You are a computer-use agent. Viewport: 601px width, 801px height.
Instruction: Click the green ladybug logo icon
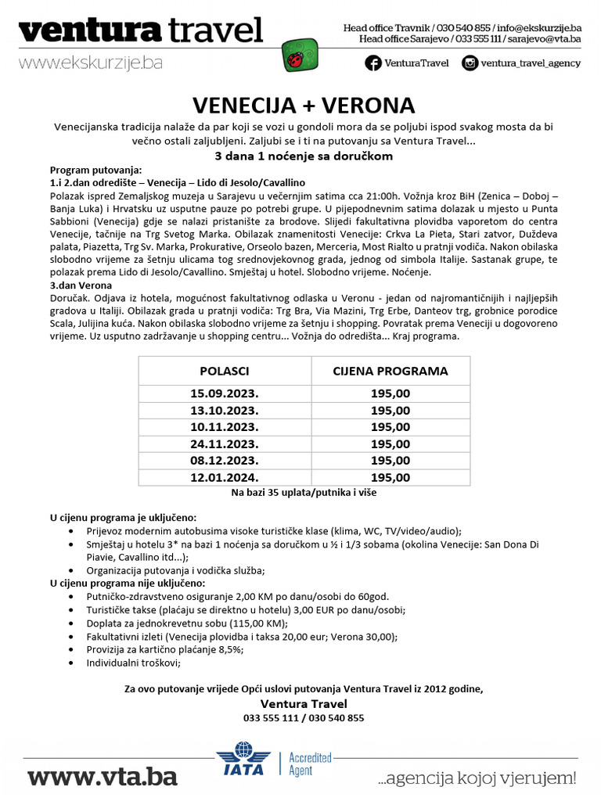318,56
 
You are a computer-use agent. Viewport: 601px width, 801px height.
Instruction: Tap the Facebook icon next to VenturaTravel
373,63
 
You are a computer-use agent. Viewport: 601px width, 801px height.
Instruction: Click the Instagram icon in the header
470,63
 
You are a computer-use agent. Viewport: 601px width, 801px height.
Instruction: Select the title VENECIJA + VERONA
304,106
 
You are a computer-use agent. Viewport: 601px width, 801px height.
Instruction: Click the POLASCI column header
225,371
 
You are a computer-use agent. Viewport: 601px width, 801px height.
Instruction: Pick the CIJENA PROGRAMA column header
390,371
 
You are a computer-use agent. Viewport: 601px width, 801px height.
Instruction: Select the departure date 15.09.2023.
225,393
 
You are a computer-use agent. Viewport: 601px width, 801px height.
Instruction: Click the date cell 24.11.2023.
225,444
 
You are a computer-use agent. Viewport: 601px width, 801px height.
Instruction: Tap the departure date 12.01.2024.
225,477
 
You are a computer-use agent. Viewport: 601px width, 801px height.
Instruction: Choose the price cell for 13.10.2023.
390,411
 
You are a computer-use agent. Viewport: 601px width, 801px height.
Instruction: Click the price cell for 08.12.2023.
390,461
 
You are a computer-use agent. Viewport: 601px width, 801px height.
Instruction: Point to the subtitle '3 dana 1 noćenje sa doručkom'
304,156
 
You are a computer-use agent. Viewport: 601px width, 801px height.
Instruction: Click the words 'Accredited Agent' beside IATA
310,764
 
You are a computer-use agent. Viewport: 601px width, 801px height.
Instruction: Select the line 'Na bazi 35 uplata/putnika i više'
304,493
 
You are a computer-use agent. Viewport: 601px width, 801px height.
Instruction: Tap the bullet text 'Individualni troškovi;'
134,663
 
